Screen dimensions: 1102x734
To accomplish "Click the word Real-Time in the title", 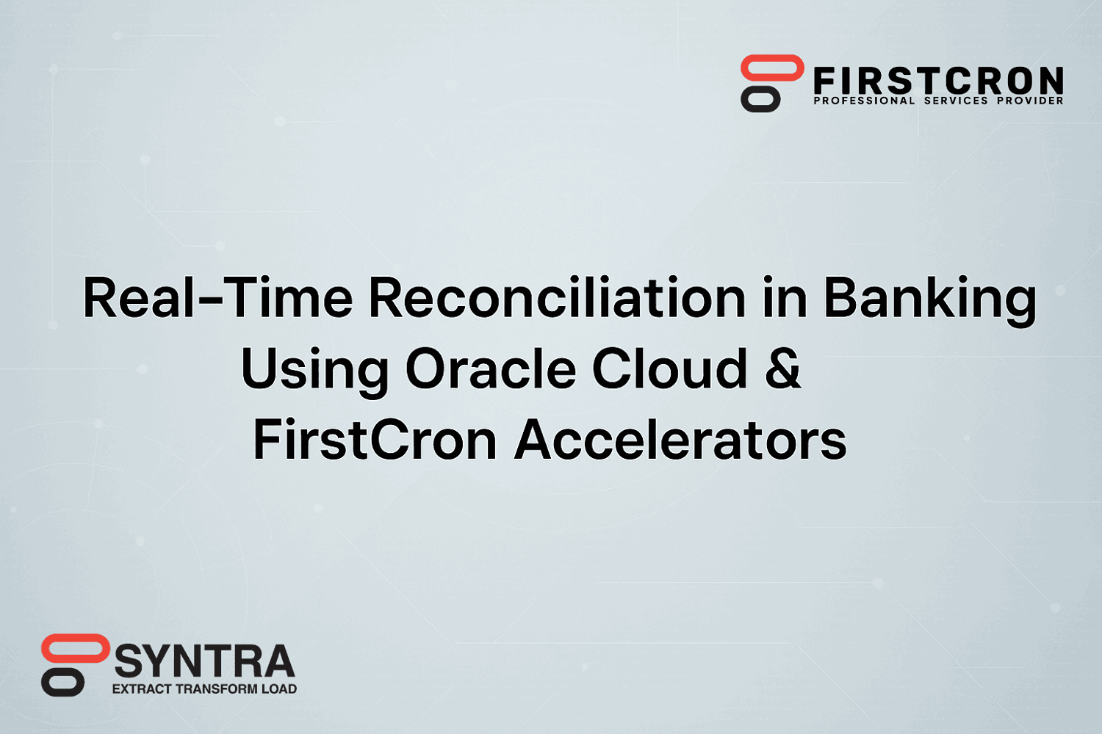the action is tap(217, 297).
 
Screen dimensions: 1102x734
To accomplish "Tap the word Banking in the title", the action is tap(930, 301).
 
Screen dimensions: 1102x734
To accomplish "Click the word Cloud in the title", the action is tap(669, 368).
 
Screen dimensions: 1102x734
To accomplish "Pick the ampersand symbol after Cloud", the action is tap(783, 368).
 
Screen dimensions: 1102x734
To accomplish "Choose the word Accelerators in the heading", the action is tap(680, 439).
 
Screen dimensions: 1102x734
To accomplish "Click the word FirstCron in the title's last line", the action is tap(375, 439).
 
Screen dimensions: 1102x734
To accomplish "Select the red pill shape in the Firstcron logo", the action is tap(772, 68).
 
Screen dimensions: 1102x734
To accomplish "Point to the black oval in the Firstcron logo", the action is tap(760, 99).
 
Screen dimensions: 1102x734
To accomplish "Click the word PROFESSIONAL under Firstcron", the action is tap(864, 101).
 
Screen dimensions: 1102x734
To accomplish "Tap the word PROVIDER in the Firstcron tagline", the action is tap(1030, 101).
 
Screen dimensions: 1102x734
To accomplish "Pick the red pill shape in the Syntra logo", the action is tap(76, 648).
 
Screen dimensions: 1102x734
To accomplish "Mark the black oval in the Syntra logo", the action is tap(63, 682).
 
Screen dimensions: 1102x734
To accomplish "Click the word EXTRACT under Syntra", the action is tap(143, 688).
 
